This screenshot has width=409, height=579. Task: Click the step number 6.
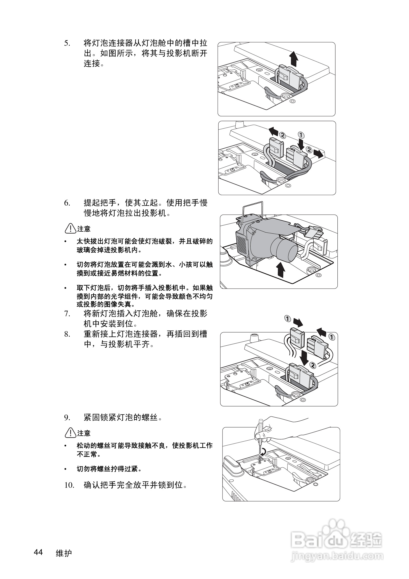point(67,203)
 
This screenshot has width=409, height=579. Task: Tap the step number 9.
point(67,418)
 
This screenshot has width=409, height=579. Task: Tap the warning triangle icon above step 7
point(70,228)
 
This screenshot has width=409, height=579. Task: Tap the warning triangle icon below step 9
point(70,433)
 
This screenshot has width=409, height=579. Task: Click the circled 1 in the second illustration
point(301,135)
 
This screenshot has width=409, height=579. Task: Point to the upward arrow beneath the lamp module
point(280,269)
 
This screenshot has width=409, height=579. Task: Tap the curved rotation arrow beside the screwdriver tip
point(264,451)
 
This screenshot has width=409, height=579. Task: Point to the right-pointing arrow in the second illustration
point(319,153)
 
